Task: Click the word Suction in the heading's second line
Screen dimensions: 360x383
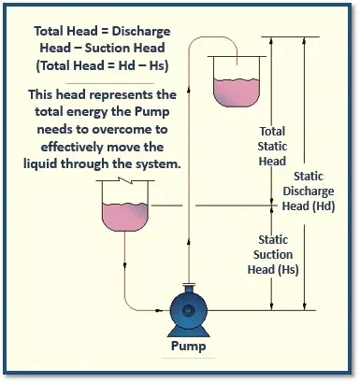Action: click(x=129, y=48)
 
